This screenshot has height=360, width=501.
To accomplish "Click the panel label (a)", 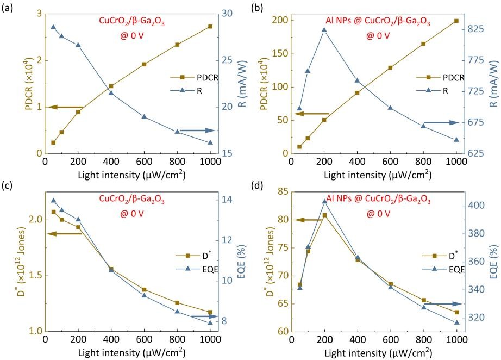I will click(x=9, y=8).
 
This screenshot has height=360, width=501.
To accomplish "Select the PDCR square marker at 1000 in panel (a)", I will click(x=210, y=26).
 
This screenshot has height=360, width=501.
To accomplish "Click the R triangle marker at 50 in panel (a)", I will click(x=53, y=27).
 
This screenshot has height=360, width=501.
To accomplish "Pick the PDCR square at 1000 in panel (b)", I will click(x=456, y=21).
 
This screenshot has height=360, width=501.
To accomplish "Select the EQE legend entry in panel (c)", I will click(x=196, y=268).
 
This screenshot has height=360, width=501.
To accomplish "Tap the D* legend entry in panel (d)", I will click(x=442, y=255).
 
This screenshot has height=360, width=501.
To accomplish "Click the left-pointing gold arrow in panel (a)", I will click(x=65, y=107).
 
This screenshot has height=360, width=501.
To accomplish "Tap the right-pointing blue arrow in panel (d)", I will click(x=446, y=304).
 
